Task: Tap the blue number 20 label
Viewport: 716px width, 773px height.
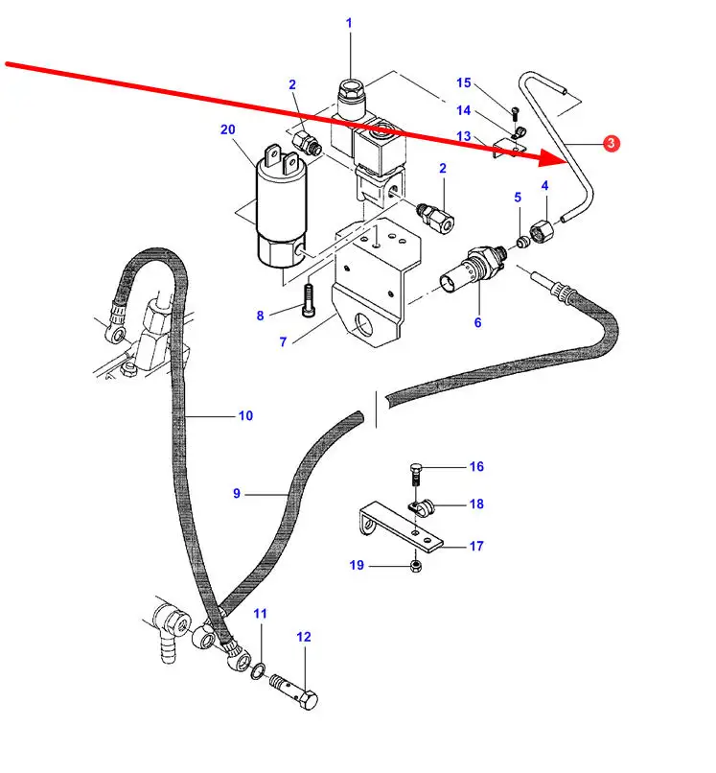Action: [226, 129]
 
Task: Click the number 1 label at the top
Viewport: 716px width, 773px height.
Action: [348, 23]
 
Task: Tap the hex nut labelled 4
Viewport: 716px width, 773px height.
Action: [541, 231]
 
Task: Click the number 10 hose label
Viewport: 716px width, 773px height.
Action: [245, 416]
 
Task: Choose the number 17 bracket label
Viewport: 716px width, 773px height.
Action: [475, 547]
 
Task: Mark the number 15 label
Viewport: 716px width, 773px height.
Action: [464, 83]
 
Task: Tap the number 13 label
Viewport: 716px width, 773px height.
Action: [464, 137]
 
